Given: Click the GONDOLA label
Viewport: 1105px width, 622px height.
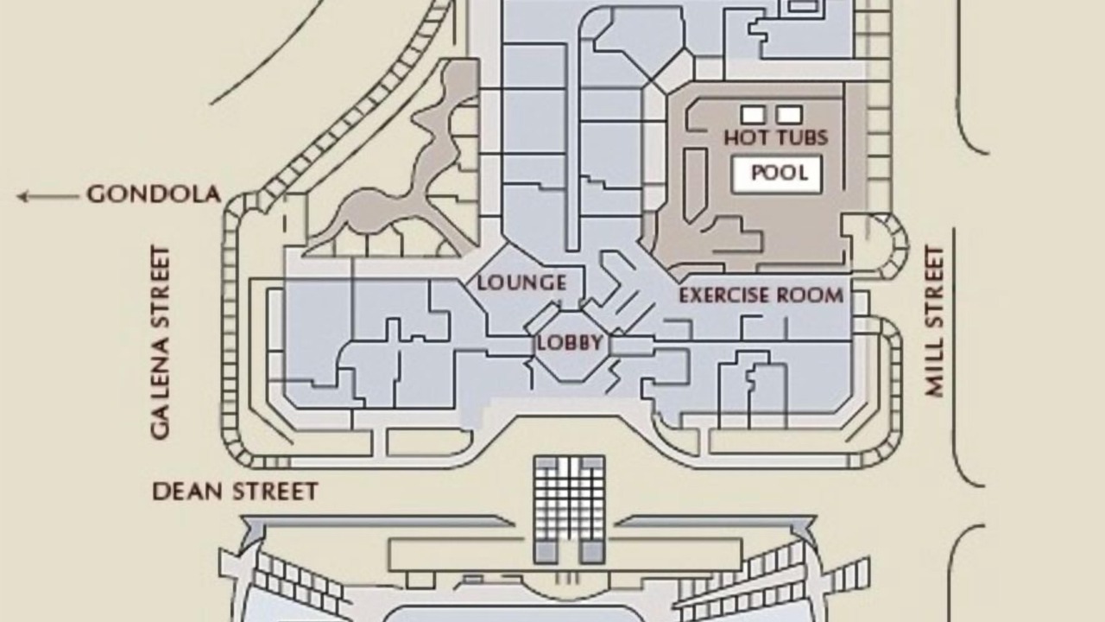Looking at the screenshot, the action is coord(154,194).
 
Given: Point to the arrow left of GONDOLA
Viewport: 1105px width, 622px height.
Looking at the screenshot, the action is coord(47,196).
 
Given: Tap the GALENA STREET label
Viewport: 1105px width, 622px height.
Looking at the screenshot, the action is coord(161,343).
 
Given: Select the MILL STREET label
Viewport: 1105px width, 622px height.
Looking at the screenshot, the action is coord(935,322).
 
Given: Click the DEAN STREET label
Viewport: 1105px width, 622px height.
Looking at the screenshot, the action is coord(236,492).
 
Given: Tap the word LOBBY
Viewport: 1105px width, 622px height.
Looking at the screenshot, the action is coord(570,343).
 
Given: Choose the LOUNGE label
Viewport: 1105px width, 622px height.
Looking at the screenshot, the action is coord(522,282).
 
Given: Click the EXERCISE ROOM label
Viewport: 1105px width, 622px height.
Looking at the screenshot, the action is coord(761,295).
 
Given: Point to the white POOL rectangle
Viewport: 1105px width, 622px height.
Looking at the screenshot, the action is coord(778,174).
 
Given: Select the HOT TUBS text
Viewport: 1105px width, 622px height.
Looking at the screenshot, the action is coord(776,137).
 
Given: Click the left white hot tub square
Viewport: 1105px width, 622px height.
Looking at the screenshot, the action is coord(754,115).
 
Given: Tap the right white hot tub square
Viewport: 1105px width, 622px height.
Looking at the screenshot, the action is coord(789,115).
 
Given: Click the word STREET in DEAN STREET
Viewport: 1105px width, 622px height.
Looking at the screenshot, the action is coord(275,492).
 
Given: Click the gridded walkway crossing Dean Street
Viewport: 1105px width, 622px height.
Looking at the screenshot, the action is coord(570,510).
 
